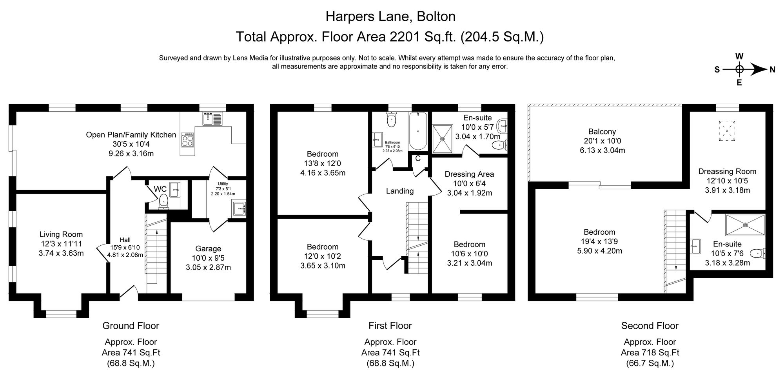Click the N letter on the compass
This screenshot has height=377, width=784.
[x=773, y=70]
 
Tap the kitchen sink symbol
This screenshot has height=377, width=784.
[x=212, y=118]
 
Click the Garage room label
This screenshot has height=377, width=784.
[x=208, y=248]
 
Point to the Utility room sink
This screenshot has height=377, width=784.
[x=239, y=208]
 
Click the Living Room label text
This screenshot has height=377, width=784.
[x=61, y=234]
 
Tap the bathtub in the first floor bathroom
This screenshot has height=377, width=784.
[x=418, y=131]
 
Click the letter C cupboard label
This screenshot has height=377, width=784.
[x=418, y=158]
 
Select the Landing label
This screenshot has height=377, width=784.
[x=399, y=191]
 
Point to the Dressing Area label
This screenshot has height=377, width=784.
[x=469, y=174]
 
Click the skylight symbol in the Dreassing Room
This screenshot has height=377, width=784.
[x=727, y=130]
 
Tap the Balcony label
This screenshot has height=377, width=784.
[x=602, y=132]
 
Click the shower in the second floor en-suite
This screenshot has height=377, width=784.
[x=745, y=225]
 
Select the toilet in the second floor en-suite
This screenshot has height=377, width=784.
[x=758, y=254]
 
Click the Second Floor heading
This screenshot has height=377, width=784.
[x=650, y=326]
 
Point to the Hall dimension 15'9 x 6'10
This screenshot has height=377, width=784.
[x=125, y=247]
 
